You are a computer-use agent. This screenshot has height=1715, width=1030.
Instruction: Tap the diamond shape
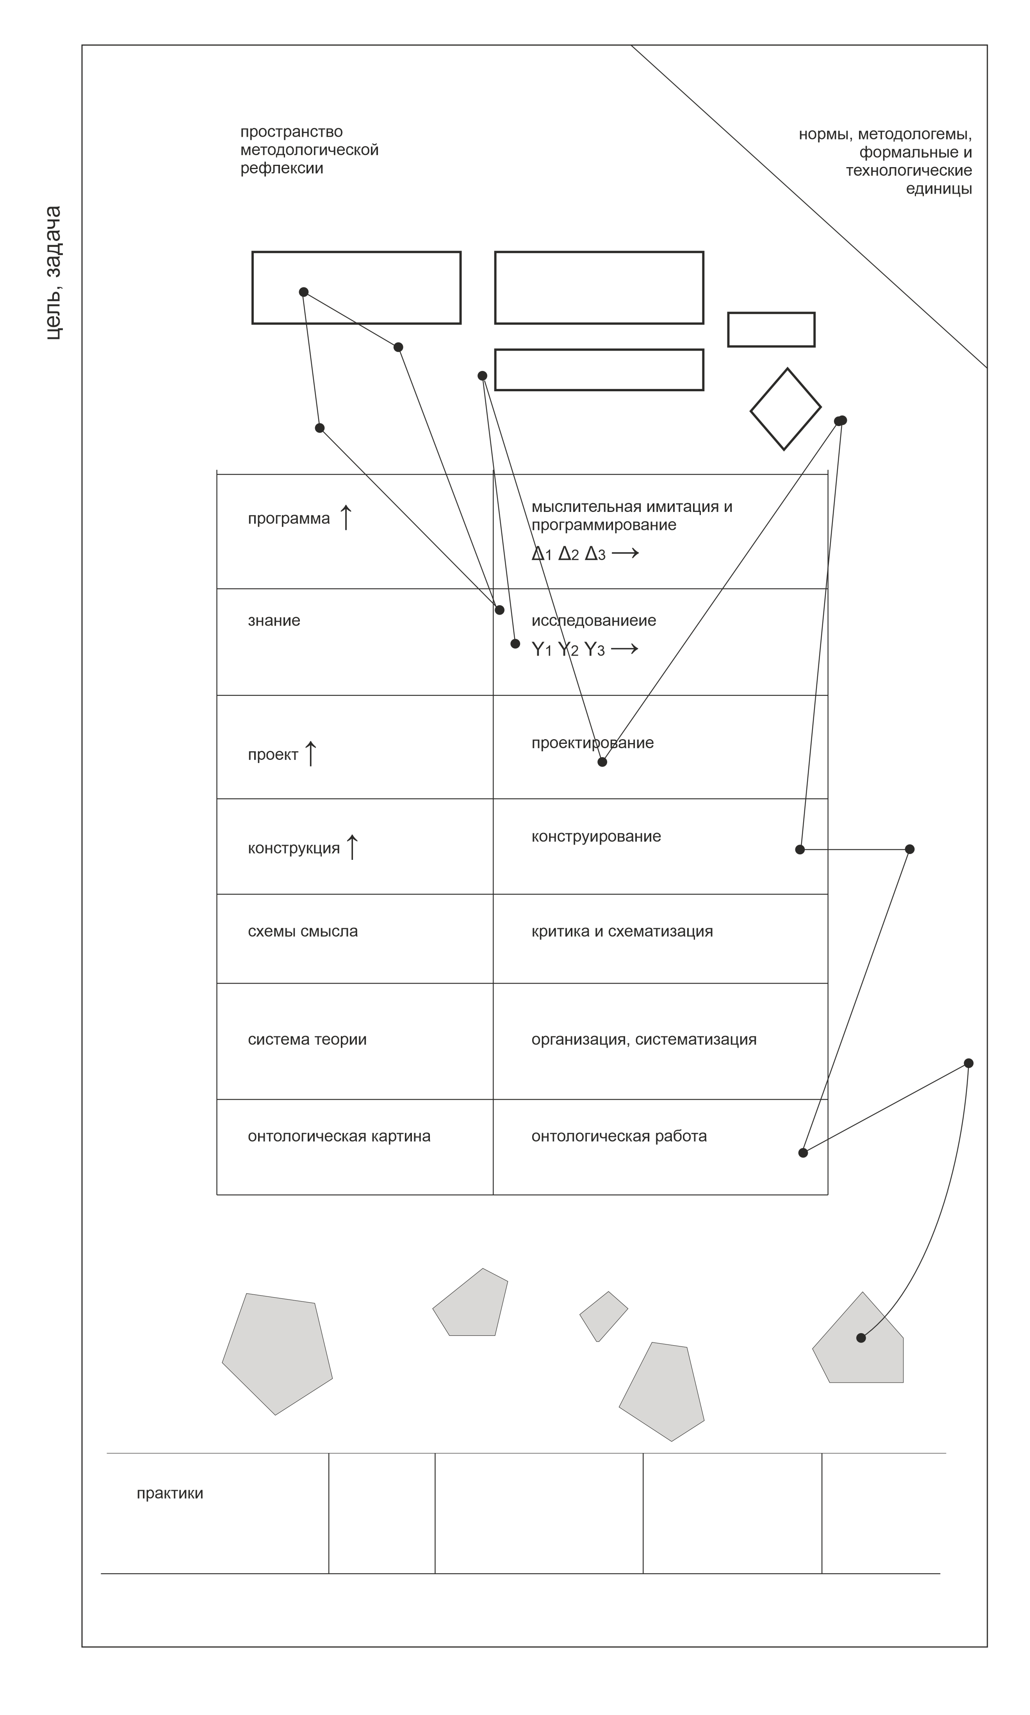(785, 409)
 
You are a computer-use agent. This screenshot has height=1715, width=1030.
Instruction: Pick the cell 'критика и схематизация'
(622, 931)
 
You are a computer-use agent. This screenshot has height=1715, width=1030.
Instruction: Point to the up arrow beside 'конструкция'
(352, 847)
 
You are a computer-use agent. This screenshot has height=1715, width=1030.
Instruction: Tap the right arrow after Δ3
(625, 553)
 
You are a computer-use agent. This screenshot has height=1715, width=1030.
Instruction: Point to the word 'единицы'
(938, 189)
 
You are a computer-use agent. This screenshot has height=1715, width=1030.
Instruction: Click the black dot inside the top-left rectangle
(303, 292)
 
